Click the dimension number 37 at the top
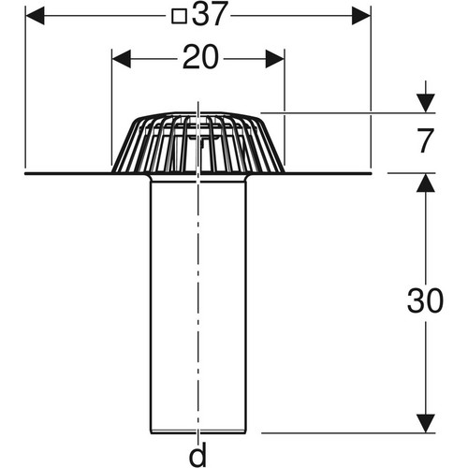(x=209, y=14)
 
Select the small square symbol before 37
(x=180, y=16)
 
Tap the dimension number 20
(x=200, y=57)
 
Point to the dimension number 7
(x=426, y=140)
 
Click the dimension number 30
(x=425, y=300)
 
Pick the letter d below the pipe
(x=198, y=454)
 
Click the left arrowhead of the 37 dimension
(x=35, y=16)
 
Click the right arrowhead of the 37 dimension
(x=361, y=16)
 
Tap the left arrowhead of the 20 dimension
(x=122, y=59)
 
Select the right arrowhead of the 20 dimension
(x=275, y=59)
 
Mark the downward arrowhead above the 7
(x=426, y=103)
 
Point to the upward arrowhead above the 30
(x=426, y=183)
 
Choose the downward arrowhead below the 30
(x=426, y=423)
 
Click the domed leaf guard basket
(x=198, y=142)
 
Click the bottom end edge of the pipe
(x=198, y=432)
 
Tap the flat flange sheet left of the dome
(x=68, y=173)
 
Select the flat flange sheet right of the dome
(x=328, y=173)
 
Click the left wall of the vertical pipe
(x=151, y=306)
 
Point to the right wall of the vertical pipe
(x=245, y=306)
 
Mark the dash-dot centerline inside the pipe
(x=198, y=306)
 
